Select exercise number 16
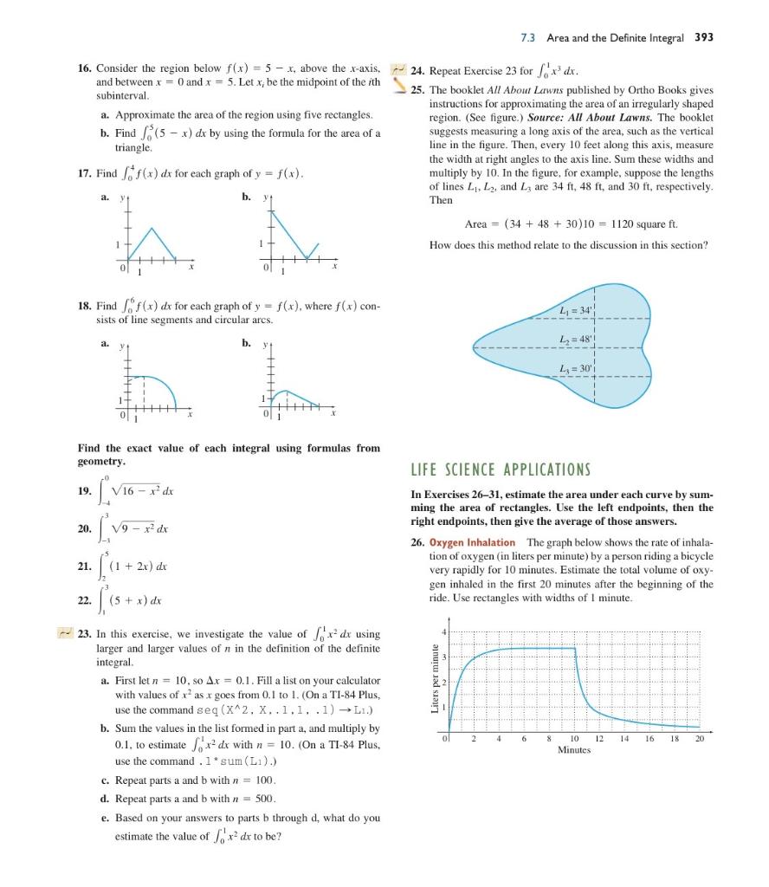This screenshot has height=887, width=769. (x=85, y=68)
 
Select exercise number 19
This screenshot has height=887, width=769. (x=85, y=491)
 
